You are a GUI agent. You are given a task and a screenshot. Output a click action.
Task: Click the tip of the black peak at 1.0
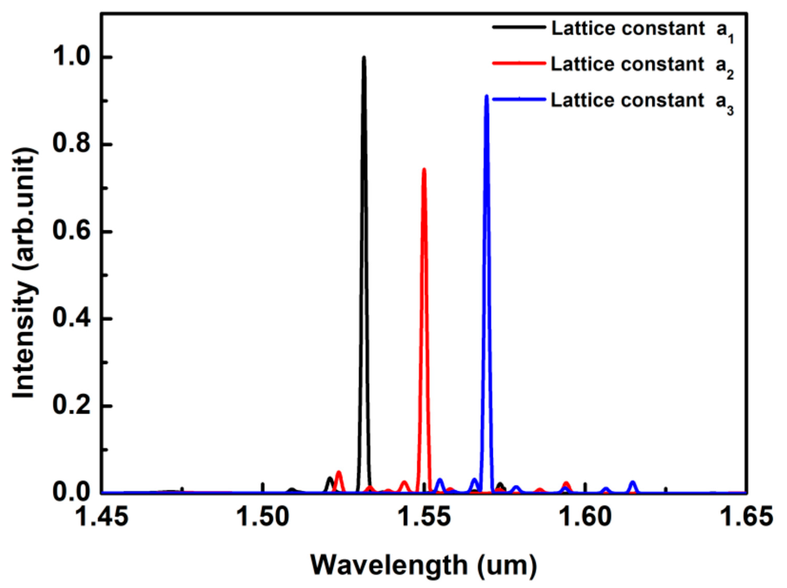[x=364, y=57]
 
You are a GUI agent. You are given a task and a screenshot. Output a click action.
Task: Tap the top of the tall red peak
[x=424, y=169]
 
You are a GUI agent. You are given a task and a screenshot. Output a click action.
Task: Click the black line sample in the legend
[x=519, y=27]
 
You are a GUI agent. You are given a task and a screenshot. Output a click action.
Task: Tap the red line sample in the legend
[x=519, y=63]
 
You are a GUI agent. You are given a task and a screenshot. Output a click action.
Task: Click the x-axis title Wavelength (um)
[x=423, y=565]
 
